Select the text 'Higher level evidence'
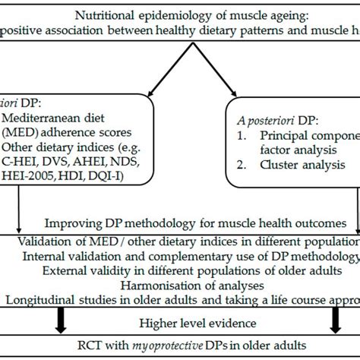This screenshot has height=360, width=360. [179, 321]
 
